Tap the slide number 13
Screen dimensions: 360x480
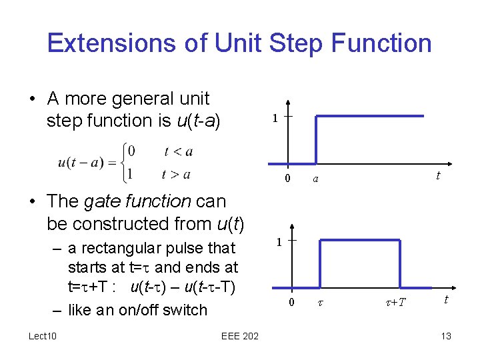pyautogui.click(x=446, y=336)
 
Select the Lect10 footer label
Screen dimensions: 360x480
pyautogui.click(x=43, y=336)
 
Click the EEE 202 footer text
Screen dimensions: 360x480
pyautogui.click(x=240, y=336)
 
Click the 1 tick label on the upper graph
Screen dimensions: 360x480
pyautogui.click(x=274, y=119)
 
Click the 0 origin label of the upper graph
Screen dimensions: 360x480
pyautogui.click(x=287, y=179)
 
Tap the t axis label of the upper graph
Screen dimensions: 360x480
pyautogui.click(x=438, y=175)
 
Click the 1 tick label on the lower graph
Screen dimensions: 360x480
pyautogui.click(x=279, y=242)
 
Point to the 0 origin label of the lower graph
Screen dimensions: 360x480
pyautogui.click(x=291, y=303)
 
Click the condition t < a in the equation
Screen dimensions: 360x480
pyautogui.click(x=178, y=151)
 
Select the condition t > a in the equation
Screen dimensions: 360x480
pyautogui.click(x=176, y=174)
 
